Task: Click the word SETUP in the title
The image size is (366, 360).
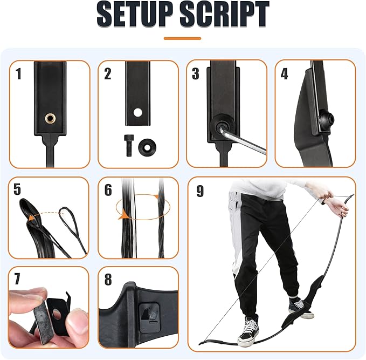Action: (x=135, y=14)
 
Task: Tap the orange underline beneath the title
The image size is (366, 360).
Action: (x=182, y=38)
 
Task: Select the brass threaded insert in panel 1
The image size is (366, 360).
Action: (x=50, y=118)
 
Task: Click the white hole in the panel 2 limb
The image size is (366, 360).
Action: (x=137, y=112)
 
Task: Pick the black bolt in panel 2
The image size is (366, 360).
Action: (x=129, y=145)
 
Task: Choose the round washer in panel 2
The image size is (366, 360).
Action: (x=147, y=147)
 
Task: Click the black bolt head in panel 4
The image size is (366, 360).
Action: (x=327, y=120)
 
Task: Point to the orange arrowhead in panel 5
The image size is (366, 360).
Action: (x=31, y=218)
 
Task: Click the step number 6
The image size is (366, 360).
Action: (x=108, y=190)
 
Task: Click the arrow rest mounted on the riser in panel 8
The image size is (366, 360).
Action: (x=149, y=317)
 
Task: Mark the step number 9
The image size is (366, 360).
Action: (x=200, y=191)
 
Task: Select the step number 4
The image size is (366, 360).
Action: (x=284, y=74)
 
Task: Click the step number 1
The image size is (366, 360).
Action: (x=18, y=74)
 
